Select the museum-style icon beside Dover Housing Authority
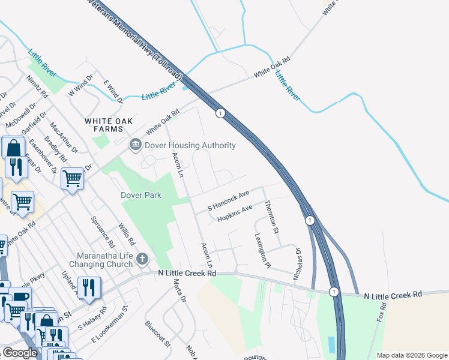click(135, 145)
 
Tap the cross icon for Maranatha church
click(142, 259)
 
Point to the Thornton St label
click(273, 217)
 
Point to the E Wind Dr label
click(113, 91)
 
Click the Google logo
click(20, 353)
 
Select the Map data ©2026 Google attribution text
click(412, 355)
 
